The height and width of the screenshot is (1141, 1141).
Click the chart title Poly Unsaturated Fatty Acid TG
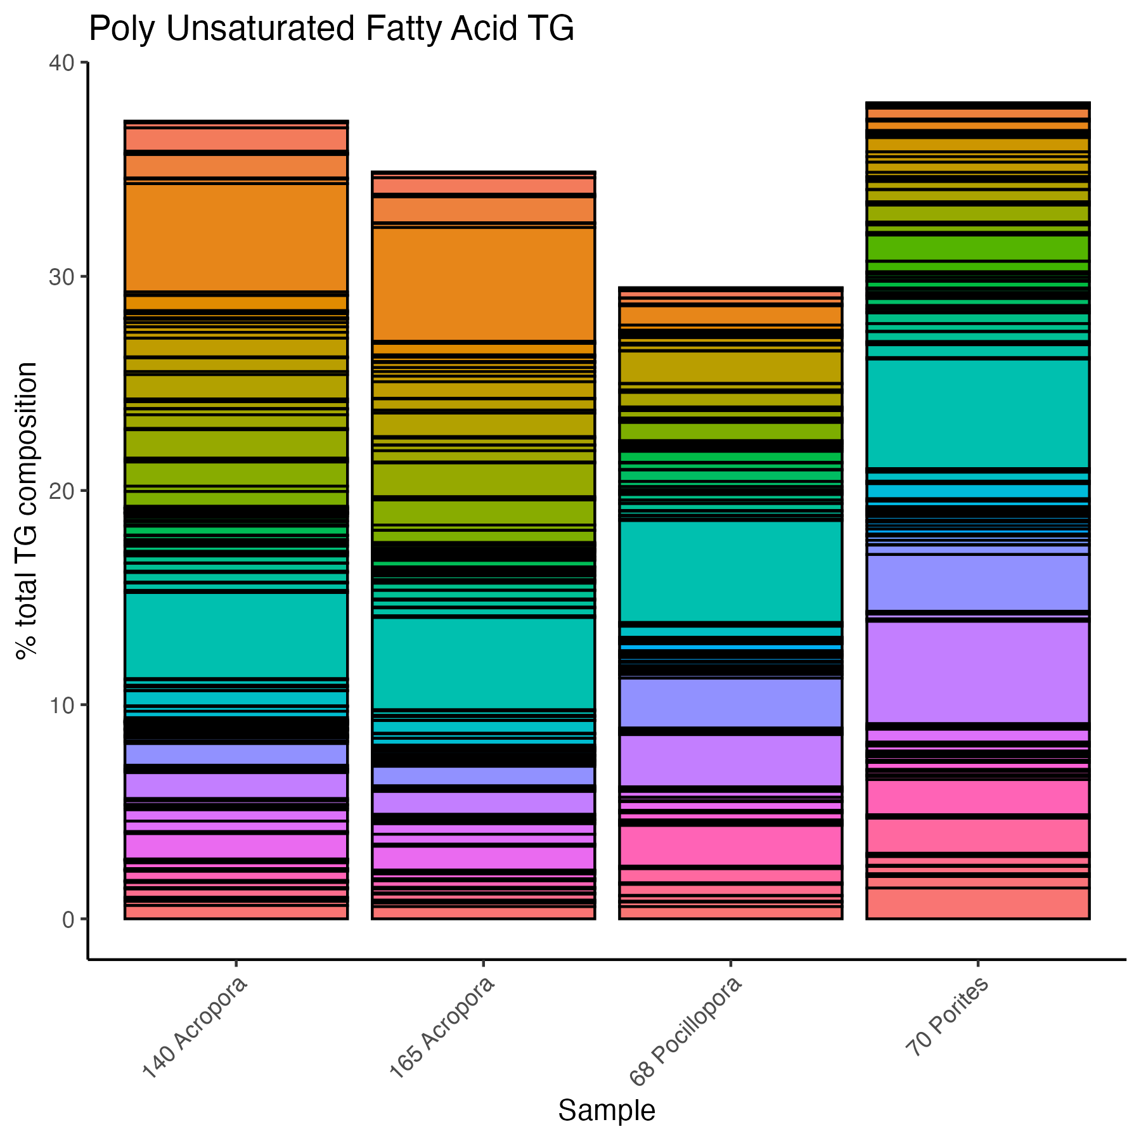click(x=331, y=30)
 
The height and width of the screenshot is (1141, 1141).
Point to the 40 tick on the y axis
click(x=60, y=63)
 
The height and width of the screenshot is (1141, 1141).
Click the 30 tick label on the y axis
click(x=60, y=277)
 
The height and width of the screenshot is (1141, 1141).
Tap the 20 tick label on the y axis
click(x=60, y=491)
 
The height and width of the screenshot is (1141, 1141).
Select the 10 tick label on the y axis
click(x=60, y=705)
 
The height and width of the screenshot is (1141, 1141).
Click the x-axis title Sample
click(x=606, y=1111)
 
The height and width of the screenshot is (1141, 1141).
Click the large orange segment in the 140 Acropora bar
click(x=236, y=238)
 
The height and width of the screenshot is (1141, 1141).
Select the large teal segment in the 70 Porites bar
click(x=977, y=413)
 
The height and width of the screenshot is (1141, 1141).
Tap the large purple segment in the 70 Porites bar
click(x=977, y=672)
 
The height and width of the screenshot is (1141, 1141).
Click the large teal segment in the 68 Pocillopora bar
click(x=730, y=571)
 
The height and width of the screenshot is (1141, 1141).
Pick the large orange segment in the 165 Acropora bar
click(x=483, y=284)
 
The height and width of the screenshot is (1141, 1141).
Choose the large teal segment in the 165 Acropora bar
click(x=483, y=663)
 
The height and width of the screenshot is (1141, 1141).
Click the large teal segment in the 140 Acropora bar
click(x=236, y=635)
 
